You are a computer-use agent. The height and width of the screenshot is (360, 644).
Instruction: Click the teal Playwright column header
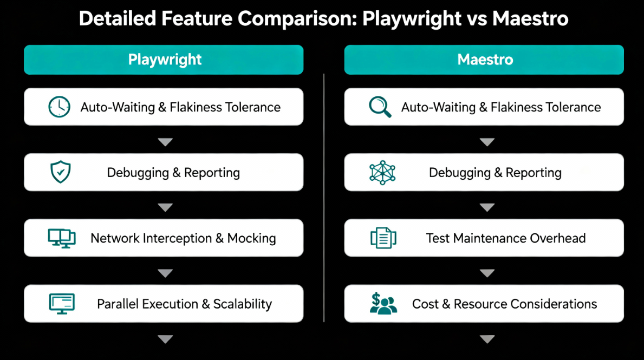(x=164, y=60)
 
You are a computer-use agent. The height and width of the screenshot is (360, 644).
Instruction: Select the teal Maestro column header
(x=484, y=60)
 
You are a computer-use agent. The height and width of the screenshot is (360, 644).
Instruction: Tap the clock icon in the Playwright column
(x=59, y=107)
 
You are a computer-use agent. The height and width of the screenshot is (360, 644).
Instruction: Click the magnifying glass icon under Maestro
(x=380, y=107)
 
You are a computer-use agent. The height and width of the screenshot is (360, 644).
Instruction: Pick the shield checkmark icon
(x=60, y=172)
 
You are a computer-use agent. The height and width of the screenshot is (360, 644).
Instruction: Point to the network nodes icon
(x=382, y=173)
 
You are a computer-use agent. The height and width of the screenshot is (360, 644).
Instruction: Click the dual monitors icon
(x=61, y=238)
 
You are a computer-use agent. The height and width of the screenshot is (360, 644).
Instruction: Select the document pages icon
(x=383, y=238)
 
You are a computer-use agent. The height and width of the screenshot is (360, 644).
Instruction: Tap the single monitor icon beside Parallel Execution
(x=61, y=304)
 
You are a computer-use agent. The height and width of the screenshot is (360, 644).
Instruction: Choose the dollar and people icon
(x=383, y=304)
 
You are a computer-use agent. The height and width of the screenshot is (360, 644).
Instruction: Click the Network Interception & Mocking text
(x=183, y=238)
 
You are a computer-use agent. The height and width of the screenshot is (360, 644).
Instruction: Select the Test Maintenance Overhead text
(x=506, y=238)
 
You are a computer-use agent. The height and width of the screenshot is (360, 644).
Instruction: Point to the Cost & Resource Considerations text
(x=504, y=304)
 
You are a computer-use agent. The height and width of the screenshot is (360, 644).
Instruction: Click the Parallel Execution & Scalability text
(x=184, y=304)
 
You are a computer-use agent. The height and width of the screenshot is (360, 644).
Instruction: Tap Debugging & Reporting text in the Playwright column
(x=173, y=173)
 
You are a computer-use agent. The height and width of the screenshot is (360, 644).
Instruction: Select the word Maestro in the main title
(x=530, y=19)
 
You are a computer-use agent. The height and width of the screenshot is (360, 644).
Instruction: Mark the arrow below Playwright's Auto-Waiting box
(x=165, y=142)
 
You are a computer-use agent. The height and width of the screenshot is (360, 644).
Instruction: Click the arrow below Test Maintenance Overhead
(x=487, y=273)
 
